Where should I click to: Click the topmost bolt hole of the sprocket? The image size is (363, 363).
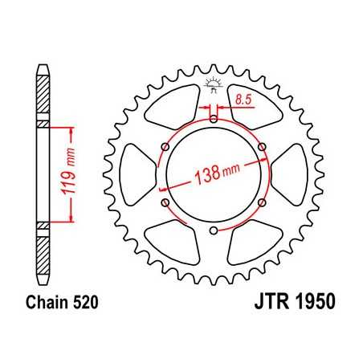tap(213, 119)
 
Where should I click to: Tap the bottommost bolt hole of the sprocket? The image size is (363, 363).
tap(213, 232)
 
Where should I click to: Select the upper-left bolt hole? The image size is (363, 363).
tap(164, 147)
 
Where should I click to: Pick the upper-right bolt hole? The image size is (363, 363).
tap(263, 146)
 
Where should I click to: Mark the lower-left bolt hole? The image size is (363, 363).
tap(164, 204)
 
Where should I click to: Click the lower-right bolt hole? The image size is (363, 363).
tap(263, 204)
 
